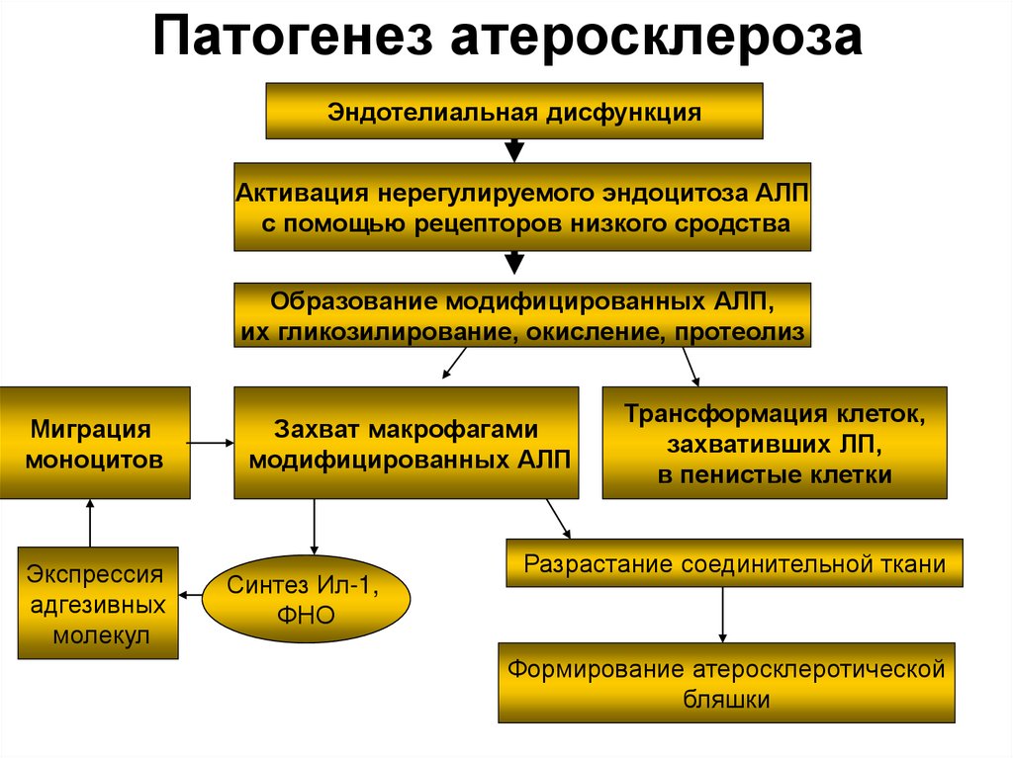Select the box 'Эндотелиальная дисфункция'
point(514,112)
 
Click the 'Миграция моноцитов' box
point(95,443)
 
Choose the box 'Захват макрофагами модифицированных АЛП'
point(406,443)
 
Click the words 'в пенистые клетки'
point(775,475)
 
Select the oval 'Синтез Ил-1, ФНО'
point(306,600)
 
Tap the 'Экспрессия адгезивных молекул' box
point(98,603)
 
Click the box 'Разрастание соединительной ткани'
point(734,564)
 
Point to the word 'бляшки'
point(726,699)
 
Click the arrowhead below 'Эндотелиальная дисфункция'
point(513,150)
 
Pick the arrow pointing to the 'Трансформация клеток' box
point(691,366)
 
